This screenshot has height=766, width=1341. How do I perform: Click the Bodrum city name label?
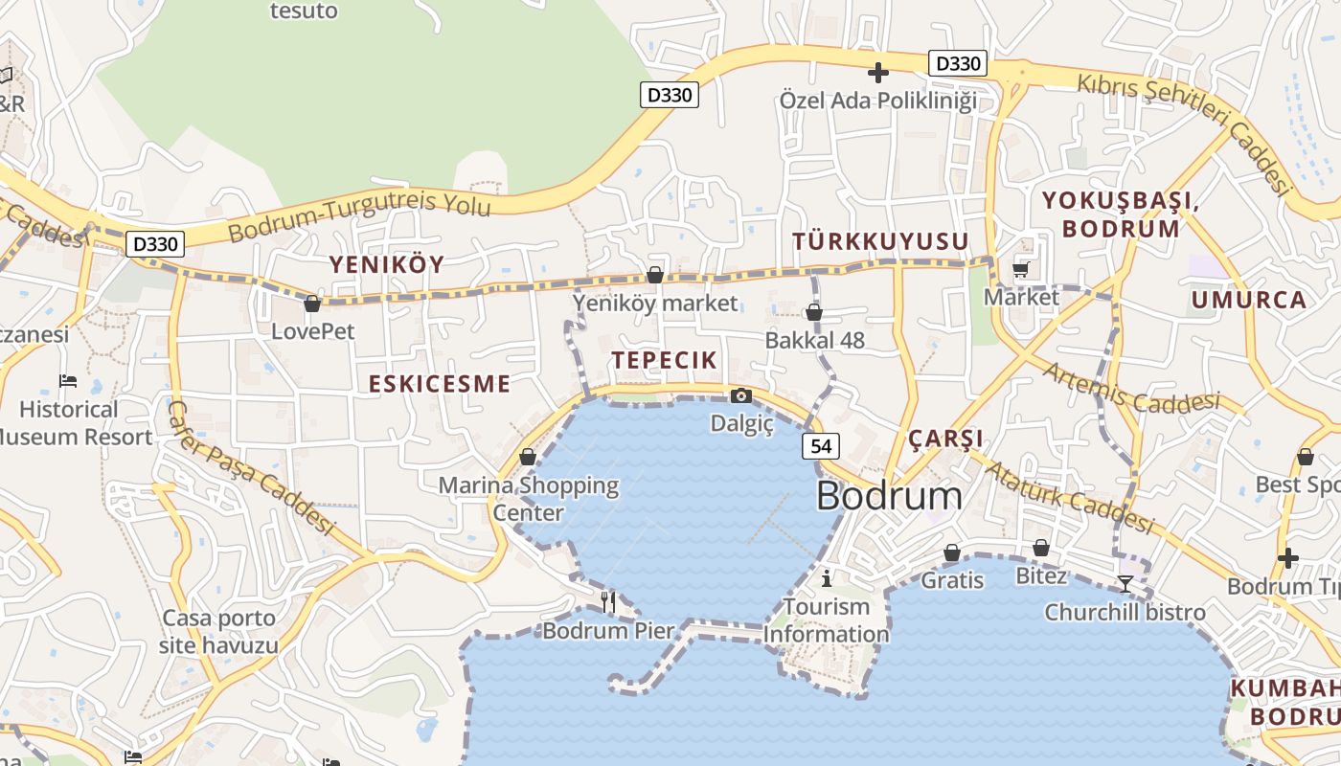click(x=889, y=496)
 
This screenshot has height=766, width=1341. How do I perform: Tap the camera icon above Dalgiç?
click(x=740, y=395)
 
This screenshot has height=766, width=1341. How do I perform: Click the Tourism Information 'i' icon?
click(x=827, y=577)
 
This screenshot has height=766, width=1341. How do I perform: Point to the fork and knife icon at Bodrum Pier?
click(x=608, y=601)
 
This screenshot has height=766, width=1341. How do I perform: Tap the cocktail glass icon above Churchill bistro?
click(x=1125, y=583)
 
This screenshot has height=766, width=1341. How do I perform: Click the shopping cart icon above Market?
click(x=1021, y=269)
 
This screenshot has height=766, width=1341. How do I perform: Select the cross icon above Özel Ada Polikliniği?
click(x=877, y=72)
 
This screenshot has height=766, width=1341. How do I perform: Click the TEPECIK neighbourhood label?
click(x=664, y=360)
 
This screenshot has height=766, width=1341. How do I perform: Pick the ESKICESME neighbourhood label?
click(x=440, y=384)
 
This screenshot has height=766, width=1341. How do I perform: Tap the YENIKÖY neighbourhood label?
click(x=387, y=264)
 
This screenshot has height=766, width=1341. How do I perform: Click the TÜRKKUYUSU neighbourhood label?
click(x=880, y=241)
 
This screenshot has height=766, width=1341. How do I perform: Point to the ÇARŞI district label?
click(x=945, y=439)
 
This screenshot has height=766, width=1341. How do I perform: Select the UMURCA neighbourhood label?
click(x=1248, y=300)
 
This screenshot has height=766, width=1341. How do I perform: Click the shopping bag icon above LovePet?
click(x=311, y=304)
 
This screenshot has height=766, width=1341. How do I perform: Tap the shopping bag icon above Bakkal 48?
click(x=813, y=312)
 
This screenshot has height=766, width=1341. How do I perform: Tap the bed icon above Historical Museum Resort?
click(x=68, y=381)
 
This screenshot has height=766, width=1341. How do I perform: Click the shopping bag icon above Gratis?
click(x=952, y=552)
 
